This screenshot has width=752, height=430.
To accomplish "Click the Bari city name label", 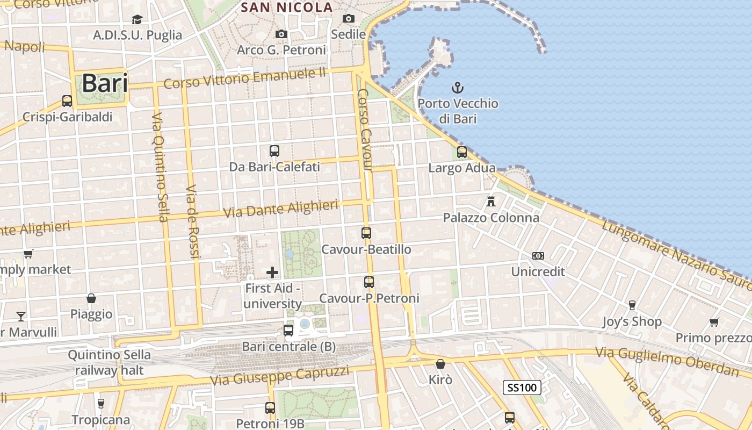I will click(x=105, y=83).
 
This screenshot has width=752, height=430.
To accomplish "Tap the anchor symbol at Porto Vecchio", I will click(x=458, y=87).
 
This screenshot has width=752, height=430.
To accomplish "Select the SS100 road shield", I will click(x=522, y=387).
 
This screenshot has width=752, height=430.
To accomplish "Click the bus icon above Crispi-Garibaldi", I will click(x=67, y=101).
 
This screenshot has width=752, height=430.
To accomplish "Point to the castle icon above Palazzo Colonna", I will click(x=491, y=202).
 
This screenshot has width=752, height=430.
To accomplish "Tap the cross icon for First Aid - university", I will click(x=272, y=272).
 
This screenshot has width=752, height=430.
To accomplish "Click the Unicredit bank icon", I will click(x=538, y=256).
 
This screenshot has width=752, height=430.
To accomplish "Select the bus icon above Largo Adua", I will click(x=462, y=152).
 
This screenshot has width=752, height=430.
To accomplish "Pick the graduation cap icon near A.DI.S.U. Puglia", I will click(x=138, y=19).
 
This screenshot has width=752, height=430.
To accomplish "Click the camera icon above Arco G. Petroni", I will click(x=281, y=34).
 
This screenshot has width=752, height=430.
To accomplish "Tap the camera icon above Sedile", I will click(x=349, y=19).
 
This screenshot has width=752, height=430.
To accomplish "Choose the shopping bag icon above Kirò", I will click(x=440, y=364).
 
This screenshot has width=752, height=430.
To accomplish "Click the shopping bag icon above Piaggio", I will click(x=91, y=298).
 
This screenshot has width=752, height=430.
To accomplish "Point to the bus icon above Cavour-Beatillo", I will click(x=366, y=233).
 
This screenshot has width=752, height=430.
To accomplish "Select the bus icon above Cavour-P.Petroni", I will click(x=369, y=282).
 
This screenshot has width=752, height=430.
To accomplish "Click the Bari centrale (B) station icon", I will click(x=288, y=331).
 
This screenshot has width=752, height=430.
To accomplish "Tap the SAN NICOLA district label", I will click(x=287, y=8).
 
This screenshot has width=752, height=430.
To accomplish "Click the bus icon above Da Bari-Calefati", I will click(x=274, y=151).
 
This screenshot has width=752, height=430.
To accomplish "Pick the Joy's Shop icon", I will click(x=632, y=305).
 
